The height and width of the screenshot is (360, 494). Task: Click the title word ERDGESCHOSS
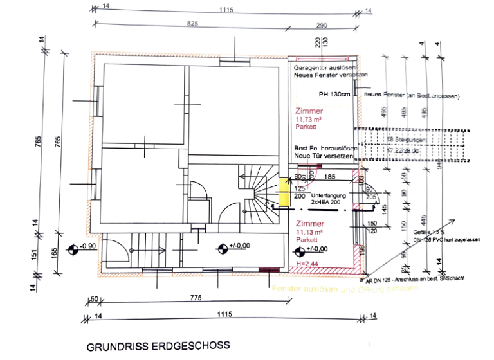193,346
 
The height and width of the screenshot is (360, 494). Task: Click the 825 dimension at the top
192,22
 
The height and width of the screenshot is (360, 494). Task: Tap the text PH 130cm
334,94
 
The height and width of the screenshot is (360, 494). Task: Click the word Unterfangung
328,194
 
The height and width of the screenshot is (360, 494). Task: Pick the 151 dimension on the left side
35,255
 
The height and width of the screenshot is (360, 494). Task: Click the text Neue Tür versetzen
320,156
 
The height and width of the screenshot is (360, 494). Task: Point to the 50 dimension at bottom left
93,299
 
